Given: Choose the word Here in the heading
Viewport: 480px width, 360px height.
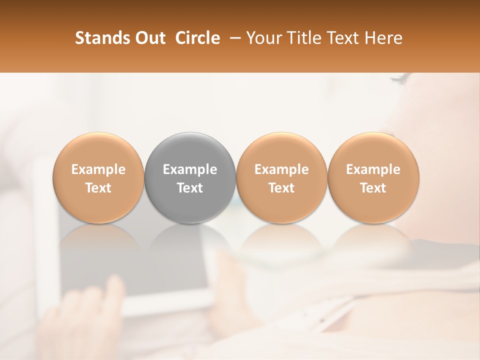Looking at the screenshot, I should coord(383,38).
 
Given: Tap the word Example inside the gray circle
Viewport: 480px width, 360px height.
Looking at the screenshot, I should coord(190,169).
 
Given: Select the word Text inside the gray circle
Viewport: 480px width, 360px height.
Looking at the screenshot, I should coord(190,187).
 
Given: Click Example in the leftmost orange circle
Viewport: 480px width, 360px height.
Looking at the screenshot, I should coord(98,169).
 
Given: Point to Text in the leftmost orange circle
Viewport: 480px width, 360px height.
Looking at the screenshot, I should coord(98,187).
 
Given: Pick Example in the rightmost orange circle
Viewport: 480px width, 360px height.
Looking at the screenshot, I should coord(373,169).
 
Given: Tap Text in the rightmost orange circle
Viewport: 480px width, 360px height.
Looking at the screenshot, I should coord(373,187).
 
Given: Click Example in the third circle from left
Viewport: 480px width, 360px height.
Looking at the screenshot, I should coord(281,169).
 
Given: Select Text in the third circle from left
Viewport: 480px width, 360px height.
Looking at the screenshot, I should coord(281,187).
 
